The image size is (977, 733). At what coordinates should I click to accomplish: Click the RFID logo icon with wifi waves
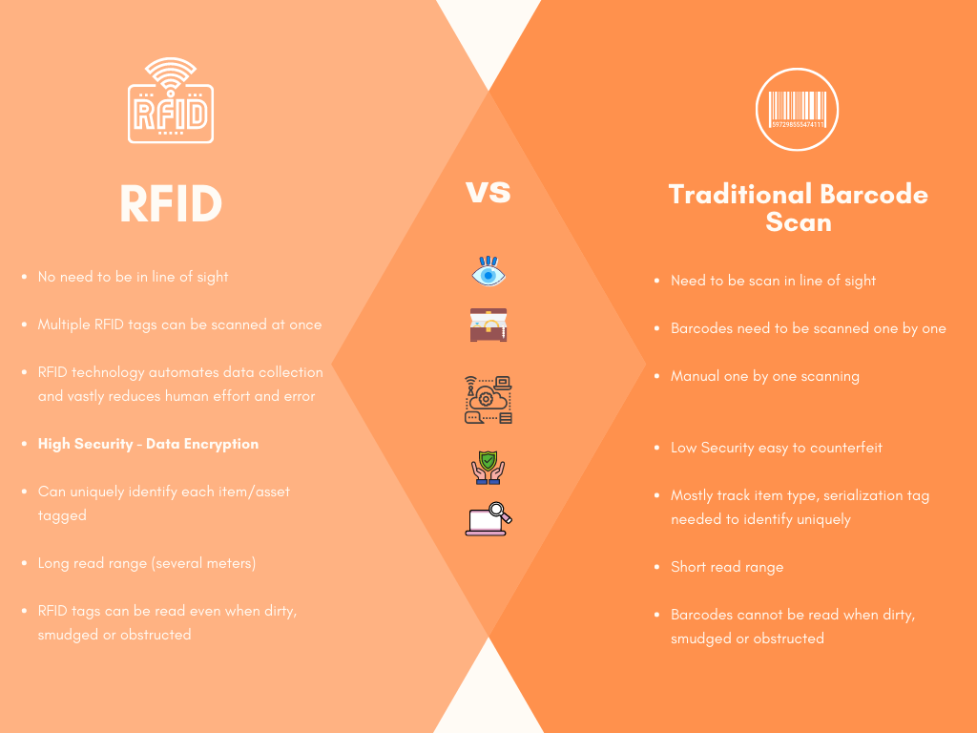(x=171, y=101)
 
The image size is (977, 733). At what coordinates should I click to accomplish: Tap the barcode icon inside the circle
(x=797, y=110)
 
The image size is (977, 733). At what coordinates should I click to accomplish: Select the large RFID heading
(x=171, y=204)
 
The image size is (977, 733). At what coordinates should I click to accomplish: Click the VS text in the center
(x=488, y=192)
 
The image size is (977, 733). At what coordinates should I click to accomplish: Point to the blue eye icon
(x=488, y=271)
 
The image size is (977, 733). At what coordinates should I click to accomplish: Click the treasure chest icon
(x=488, y=325)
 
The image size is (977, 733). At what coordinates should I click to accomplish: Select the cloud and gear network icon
(x=488, y=400)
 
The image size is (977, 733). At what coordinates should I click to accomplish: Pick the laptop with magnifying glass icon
(x=488, y=519)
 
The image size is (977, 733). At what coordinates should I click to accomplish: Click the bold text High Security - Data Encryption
(x=148, y=444)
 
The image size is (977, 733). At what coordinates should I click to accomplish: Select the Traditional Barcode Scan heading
(x=799, y=207)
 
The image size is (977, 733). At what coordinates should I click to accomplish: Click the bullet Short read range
(x=727, y=567)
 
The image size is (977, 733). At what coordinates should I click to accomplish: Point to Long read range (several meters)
(x=147, y=563)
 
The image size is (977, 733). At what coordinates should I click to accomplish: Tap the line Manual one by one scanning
(x=765, y=376)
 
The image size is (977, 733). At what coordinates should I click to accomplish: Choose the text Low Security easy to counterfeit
(x=777, y=448)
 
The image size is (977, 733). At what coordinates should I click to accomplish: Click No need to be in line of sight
(x=133, y=277)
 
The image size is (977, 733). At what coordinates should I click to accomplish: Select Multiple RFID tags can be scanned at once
(x=180, y=325)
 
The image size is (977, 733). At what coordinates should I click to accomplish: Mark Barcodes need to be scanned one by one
(x=808, y=328)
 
